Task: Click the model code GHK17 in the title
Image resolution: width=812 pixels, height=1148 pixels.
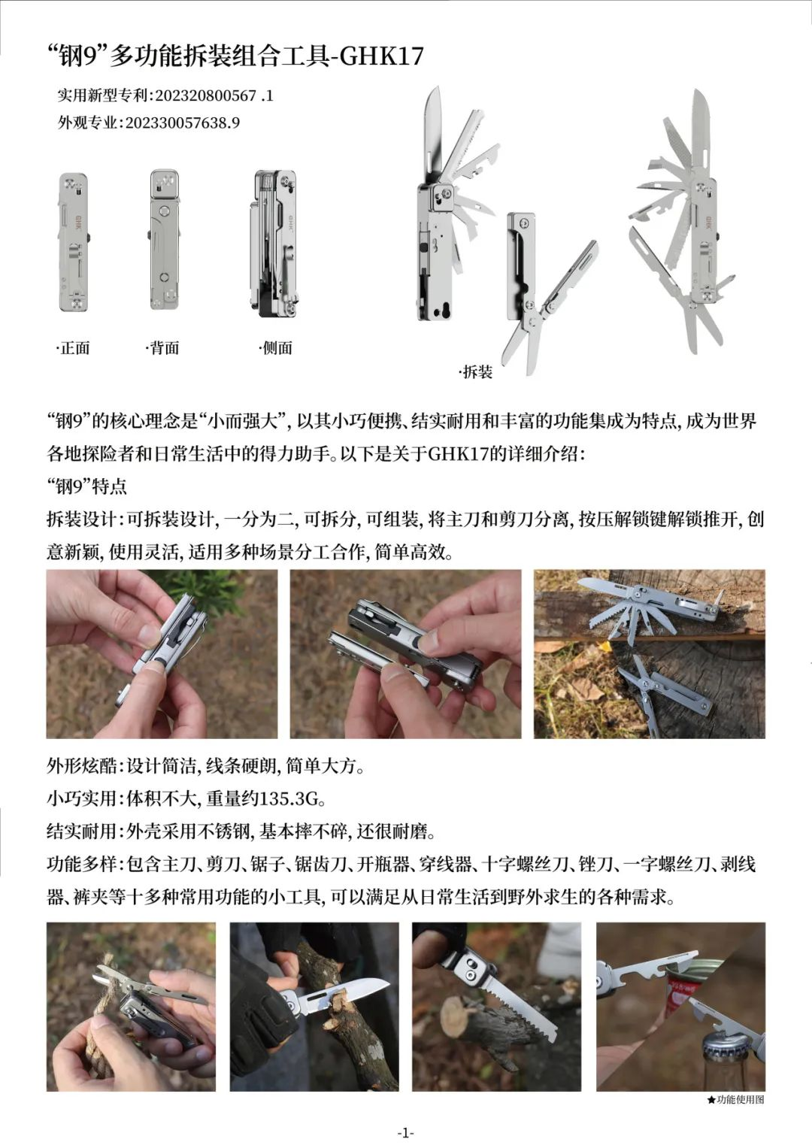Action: pos(382,56)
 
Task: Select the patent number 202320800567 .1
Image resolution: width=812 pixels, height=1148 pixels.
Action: pos(214,95)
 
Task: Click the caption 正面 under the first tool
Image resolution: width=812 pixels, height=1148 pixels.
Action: pos(74,348)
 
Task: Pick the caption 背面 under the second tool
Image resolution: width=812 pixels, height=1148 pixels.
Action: pos(163,348)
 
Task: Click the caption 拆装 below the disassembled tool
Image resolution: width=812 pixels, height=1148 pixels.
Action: pos(476,372)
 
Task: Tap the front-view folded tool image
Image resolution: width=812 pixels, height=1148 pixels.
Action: pos(74,241)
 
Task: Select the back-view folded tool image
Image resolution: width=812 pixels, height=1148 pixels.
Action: pos(164,239)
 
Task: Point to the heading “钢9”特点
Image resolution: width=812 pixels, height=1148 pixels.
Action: pos(87,486)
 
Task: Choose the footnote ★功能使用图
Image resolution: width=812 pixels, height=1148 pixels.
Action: pos(735,1100)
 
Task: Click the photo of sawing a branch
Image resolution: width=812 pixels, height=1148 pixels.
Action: pos(496,1007)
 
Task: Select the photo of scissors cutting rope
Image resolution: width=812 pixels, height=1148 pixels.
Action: pos(131,1007)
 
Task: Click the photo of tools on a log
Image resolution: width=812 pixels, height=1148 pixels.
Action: pos(649,653)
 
